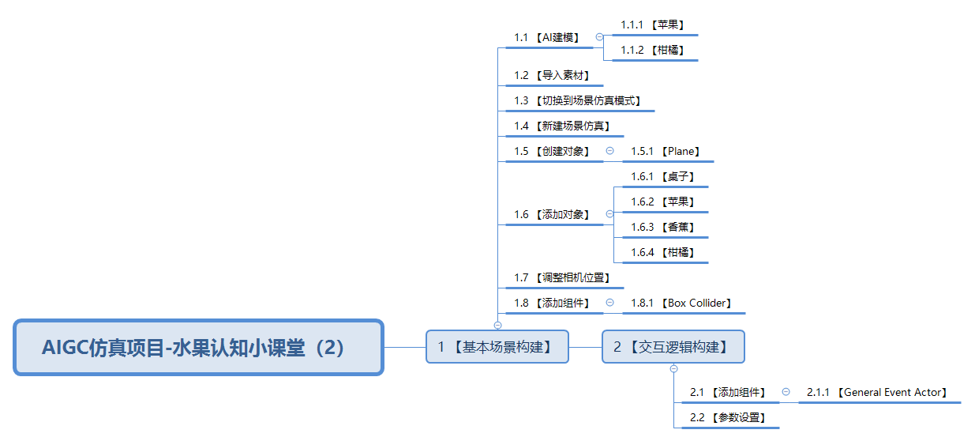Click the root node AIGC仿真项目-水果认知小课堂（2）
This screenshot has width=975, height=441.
point(198,347)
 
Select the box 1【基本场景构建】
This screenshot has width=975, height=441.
point(497,347)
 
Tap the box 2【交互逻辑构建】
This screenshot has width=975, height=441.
point(673,347)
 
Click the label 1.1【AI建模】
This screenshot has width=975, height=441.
point(546,37)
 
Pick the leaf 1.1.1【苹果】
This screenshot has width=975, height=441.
point(652,24)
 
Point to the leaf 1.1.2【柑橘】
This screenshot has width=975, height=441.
point(652,50)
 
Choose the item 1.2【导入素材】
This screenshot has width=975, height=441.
point(552,75)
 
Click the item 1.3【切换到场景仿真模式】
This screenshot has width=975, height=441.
point(577,100)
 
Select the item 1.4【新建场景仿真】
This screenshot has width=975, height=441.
point(561,126)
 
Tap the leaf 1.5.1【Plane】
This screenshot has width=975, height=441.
point(665,151)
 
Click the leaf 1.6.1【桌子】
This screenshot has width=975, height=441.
point(662,176)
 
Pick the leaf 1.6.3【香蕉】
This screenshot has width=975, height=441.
point(662,227)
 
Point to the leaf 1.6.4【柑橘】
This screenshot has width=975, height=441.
point(662,252)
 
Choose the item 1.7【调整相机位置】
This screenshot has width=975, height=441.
point(561,277)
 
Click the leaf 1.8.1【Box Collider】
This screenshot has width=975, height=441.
point(681,303)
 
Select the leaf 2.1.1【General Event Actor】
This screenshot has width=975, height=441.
point(877,392)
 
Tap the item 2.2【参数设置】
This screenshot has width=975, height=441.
point(728,417)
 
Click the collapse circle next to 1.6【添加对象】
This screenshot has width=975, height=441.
point(609,214)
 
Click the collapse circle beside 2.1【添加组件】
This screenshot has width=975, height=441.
point(786,392)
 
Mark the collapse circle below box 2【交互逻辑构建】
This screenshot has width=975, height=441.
point(673,369)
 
